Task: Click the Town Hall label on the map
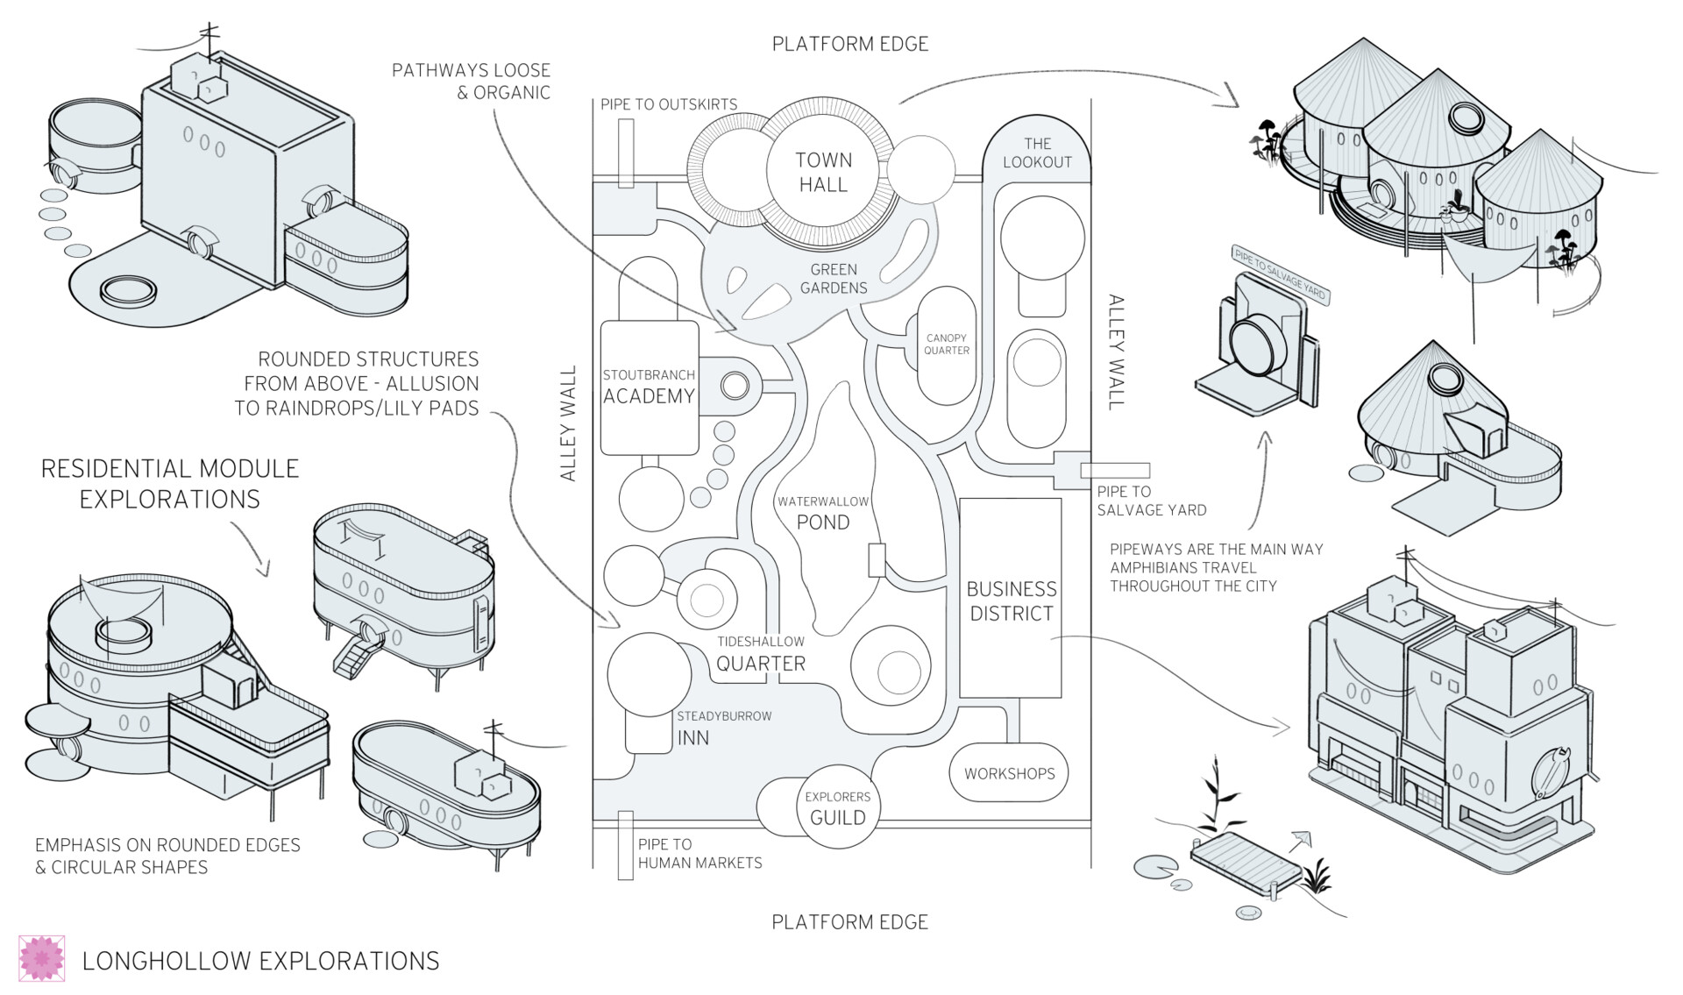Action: pyautogui.click(x=822, y=173)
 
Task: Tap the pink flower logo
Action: pyautogui.click(x=42, y=958)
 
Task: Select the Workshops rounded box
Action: pyautogui.click(x=1009, y=773)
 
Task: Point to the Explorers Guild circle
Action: pyautogui.click(x=838, y=808)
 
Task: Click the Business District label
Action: pyautogui.click(x=1012, y=601)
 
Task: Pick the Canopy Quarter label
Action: pyautogui.click(x=947, y=345)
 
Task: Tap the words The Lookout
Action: pyautogui.click(x=1037, y=153)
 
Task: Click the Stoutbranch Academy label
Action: pyautogui.click(x=649, y=387)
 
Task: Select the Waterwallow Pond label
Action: pyautogui.click(x=823, y=513)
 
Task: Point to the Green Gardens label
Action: pyautogui.click(x=834, y=279)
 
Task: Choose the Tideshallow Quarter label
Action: pyautogui.click(x=761, y=654)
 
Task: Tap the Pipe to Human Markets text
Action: pyautogui.click(x=699, y=854)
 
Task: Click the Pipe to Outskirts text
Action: pyautogui.click(x=669, y=104)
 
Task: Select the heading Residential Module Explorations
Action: pyautogui.click(x=170, y=483)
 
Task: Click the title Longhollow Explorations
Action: pyautogui.click(x=260, y=961)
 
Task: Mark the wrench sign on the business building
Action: pyautogui.click(x=1549, y=771)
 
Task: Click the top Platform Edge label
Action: pyautogui.click(x=849, y=44)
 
